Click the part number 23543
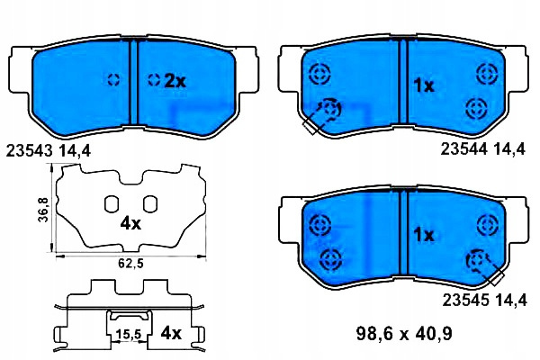point(30,151)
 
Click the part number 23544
point(463,149)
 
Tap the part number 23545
point(465,301)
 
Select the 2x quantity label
point(175,82)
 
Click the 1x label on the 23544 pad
point(424,85)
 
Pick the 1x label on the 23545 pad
point(424,236)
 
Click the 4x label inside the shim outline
point(130,224)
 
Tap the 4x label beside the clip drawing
point(171,333)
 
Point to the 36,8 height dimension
point(44,210)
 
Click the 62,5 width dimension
point(130,264)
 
